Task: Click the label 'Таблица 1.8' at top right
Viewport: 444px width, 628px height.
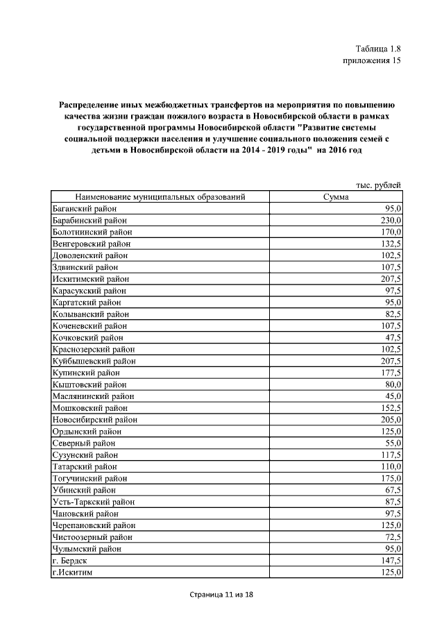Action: pyautogui.click(x=378, y=49)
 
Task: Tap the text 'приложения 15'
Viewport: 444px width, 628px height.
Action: pyautogui.click(x=373, y=61)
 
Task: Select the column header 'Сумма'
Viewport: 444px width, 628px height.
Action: pyautogui.click(x=335, y=197)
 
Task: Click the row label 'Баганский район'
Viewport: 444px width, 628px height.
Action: pyautogui.click(x=85, y=209)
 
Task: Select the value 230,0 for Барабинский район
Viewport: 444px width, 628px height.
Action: pyautogui.click(x=389, y=220)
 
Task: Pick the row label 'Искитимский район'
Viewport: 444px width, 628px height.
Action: pyautogui.click(x=89, y=279)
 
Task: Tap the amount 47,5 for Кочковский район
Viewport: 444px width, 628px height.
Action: pyautogui.click(x=392, y=337)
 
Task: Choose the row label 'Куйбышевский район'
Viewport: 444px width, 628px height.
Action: pyautogui.click(x=94, y=361)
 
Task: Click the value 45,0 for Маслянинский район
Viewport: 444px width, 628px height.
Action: pyautogui.click(x=392, y=396)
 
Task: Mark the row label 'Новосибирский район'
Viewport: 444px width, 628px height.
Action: pyautogui.click(x=94, y=420)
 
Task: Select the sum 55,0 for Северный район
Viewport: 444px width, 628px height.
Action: pyautogui.click(x=392, y=443)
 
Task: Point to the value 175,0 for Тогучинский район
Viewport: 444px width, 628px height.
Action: pyautogui.click(x=389, y=478)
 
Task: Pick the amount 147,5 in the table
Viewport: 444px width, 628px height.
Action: pyautogui.click(x=389, y=560)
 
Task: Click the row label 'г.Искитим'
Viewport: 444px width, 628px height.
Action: pyautogui.click(x=73, y=572)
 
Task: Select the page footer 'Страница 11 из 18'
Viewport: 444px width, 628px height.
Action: pyautogui.click(x=222, y=595)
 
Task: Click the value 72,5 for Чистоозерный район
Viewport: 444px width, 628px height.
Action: pyautogui.click(x=392, y=536)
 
